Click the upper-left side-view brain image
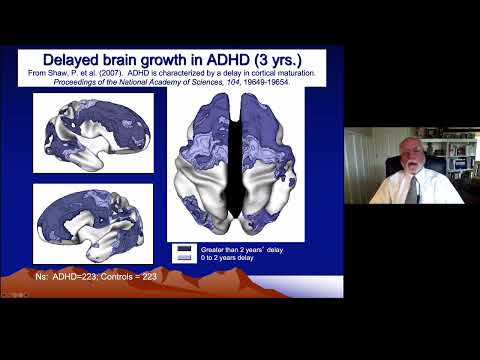(93, 132)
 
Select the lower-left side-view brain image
(93, 223)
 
